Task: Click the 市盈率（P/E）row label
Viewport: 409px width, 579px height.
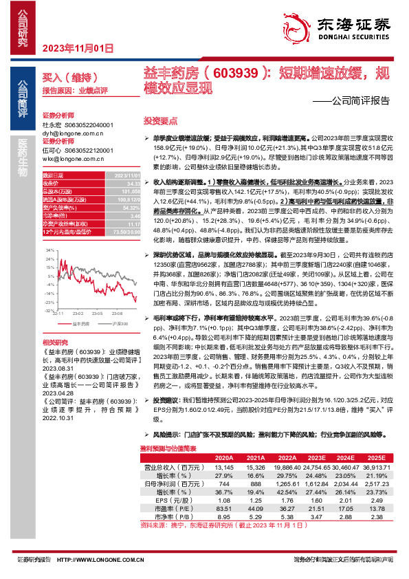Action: coord(172,510)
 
